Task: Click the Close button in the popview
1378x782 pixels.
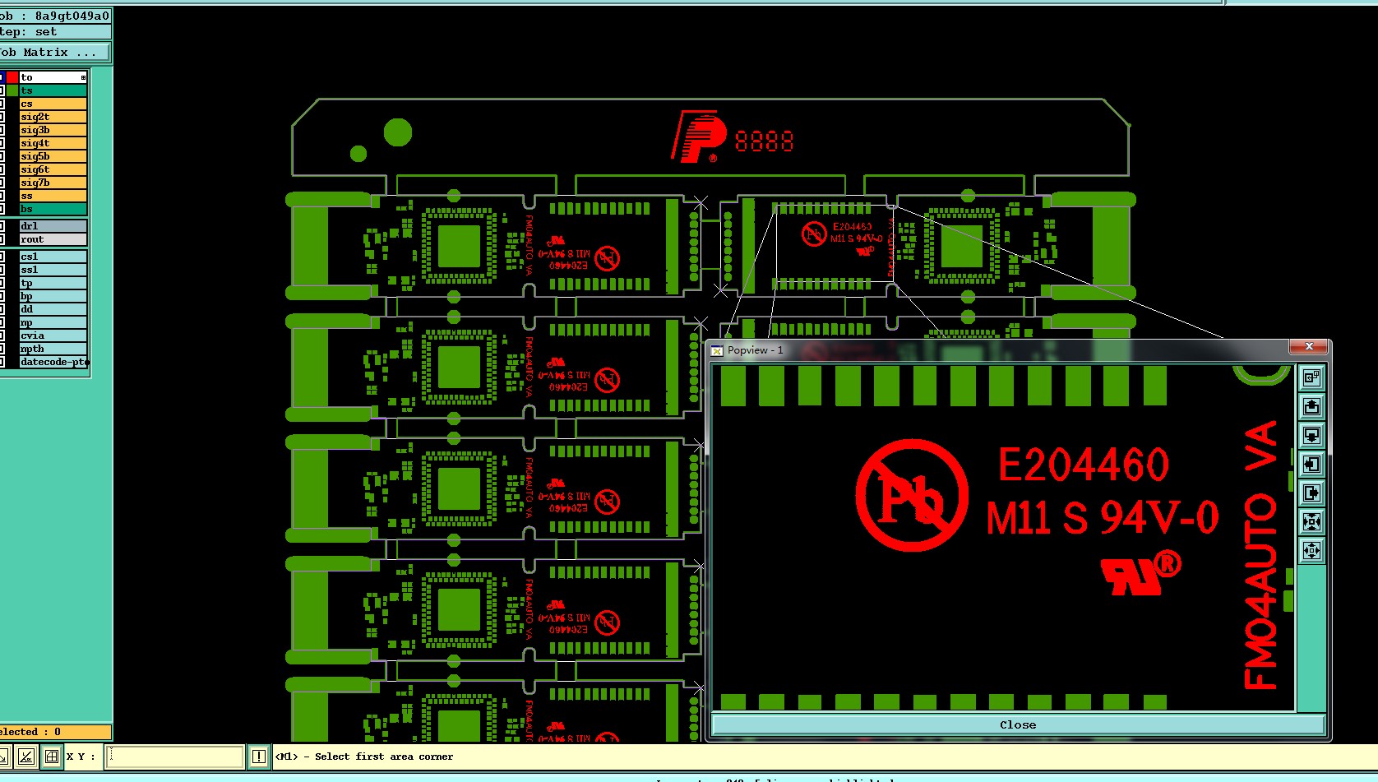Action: pos(1018,724)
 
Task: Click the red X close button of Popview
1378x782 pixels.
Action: pos(1309,347)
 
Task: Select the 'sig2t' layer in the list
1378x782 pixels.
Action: pos(53,117)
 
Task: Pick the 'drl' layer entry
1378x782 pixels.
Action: pos(53,226)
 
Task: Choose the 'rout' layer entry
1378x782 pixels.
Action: pos(53,239)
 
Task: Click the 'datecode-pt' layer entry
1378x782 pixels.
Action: pos(53,362)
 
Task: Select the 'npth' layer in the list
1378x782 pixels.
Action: pos(53,349)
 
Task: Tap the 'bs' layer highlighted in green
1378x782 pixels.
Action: pos(53,209)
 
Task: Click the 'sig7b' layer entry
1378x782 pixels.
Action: pos(53,183)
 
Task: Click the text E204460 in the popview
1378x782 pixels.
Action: pos(1083,465)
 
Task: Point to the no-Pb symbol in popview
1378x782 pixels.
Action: pos(911,495)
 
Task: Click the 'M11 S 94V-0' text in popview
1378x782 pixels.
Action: pos(1102,518)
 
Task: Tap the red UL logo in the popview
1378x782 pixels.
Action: pos(1139,573)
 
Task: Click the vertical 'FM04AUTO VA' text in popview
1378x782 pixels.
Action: pos(1261,555)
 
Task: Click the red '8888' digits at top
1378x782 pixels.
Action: pos(764,142)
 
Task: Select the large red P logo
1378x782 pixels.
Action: pos(697,137)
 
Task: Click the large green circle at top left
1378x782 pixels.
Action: pos(398,132)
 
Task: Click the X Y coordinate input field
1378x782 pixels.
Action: pos(175,757)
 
